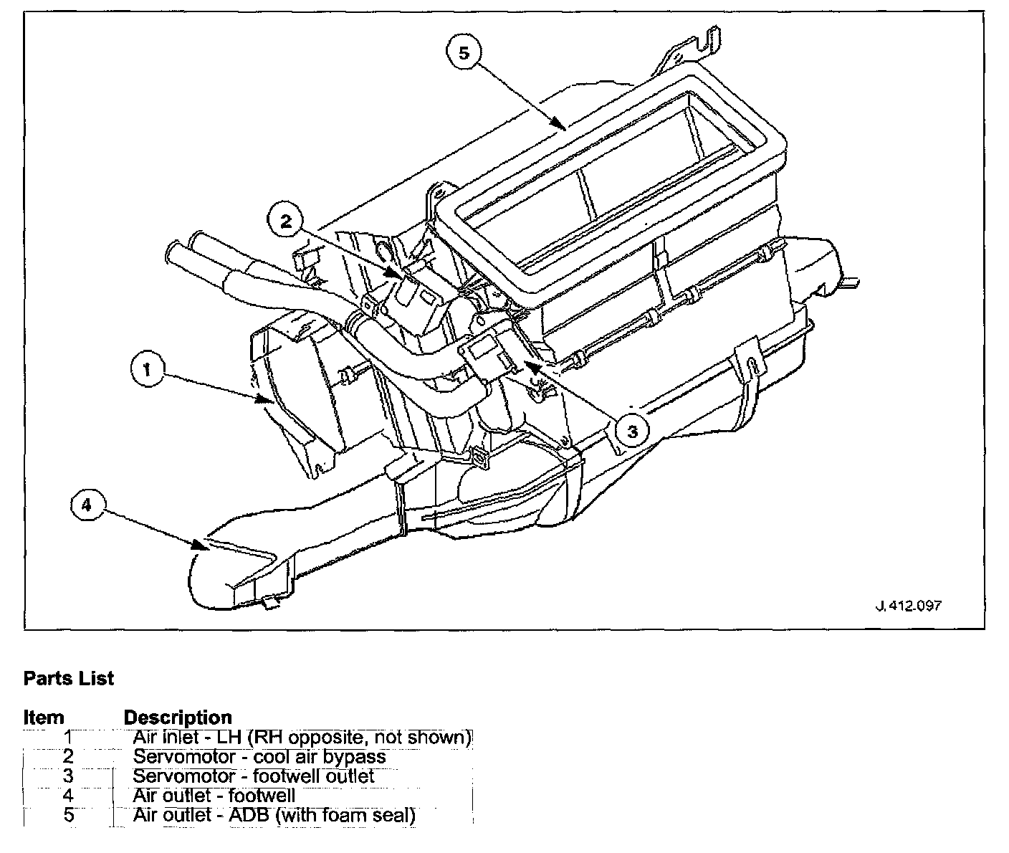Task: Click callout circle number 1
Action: [148, 371]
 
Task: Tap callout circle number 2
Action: [287, 221]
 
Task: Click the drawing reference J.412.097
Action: [909, 606]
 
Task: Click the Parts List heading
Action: [69, 678]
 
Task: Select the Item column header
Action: [44, 718]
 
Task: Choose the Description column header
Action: [178, 718]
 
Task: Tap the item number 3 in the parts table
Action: [69, 776]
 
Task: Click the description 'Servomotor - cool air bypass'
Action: [259, 757]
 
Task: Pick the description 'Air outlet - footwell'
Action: [214, 796]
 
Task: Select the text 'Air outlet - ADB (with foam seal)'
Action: [274, 815]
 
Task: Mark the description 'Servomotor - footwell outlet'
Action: [254, 776]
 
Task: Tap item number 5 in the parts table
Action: [69, 815]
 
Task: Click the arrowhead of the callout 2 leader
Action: [393, 274]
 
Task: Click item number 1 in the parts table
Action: [69, 737]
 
